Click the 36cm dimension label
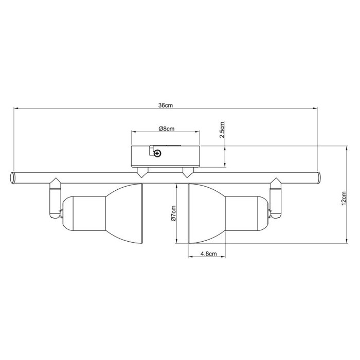click(165, 105)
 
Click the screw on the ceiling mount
click(157, 152)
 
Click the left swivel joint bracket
click(55, 198)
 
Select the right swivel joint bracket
click(276, 198)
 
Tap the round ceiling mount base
click(165, 155)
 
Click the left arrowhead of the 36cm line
click(16, 109)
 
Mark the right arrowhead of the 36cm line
click(315, 109)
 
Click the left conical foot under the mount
click(141, 173)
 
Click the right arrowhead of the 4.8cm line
click(224, 258)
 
